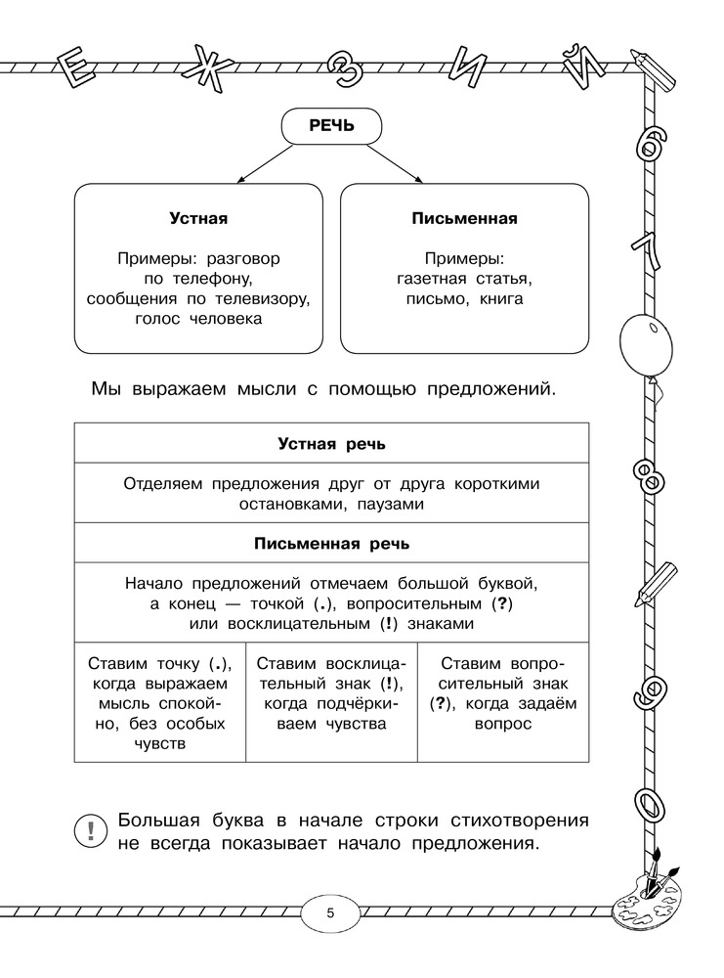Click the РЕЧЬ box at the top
331,125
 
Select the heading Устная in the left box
198,219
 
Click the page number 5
330,913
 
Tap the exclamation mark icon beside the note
91,831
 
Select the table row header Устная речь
331,443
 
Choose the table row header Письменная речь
331,544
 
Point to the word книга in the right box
501,299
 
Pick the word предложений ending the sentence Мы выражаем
490,390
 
